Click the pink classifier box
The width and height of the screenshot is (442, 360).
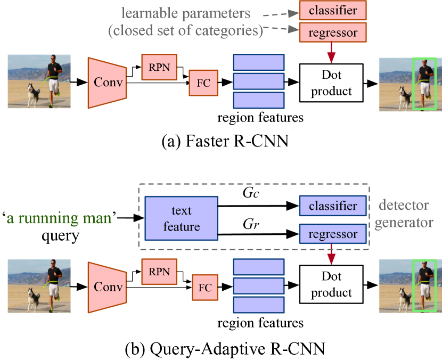coord(333,10)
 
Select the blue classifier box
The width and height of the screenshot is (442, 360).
coord(333,206)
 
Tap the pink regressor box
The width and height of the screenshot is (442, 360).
coord(333,32)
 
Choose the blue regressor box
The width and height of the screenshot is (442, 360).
coord(333,234)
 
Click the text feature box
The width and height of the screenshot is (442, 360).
coord(181,219)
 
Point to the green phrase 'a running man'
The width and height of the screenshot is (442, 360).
coord(59,218)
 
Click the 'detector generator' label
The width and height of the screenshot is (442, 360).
coord(404,214)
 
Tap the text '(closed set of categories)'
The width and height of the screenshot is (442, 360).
coord(186,31)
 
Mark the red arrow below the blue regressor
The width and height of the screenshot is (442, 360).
coord(332,255)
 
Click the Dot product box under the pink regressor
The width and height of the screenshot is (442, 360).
coord(331,83)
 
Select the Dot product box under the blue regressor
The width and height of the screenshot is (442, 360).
coord(331,284)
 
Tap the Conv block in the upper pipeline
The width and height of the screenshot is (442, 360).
coord(108,83)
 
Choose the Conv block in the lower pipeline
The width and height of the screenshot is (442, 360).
coord(108,287)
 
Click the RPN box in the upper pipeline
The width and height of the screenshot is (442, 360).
coord(159,67)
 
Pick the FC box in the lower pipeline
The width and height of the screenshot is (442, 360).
coord(205,288)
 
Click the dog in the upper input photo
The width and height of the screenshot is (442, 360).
coord(34,95)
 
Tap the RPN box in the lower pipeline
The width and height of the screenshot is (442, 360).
coord(159,272)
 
